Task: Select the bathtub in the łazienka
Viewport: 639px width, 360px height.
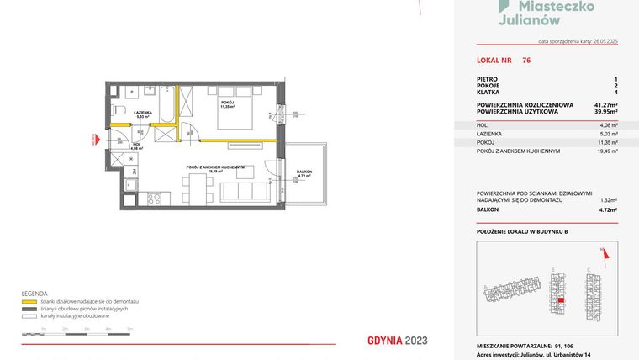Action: (x=166, y=105)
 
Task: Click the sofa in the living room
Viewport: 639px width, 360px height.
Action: (x=241, y=193)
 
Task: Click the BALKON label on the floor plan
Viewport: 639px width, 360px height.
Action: (x=304, y=172)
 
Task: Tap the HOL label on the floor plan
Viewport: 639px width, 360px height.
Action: (x=137, y=144)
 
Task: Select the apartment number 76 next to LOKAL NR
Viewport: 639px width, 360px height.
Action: (x=526, y=61)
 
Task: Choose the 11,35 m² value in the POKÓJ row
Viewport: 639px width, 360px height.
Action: (x=608, y=142)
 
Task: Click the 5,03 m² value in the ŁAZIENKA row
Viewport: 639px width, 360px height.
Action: (x=609, y=134)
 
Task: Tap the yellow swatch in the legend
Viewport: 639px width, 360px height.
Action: (x=29, y=301)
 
